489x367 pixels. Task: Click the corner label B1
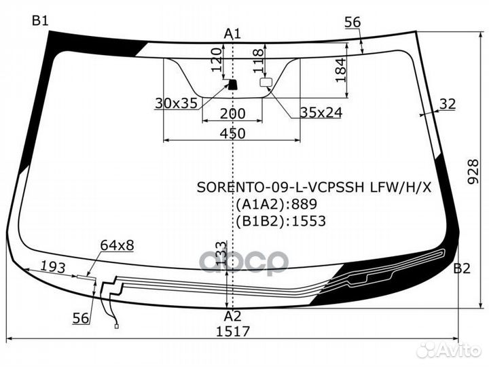[40, 21]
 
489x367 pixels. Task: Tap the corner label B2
[462, 268]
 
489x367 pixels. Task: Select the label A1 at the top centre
[233, 34]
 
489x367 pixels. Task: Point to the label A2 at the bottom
[233, 317]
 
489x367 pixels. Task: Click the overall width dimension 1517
[233, 332]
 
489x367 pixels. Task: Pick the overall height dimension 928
[473, 172]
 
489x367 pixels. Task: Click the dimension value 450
[233, 134]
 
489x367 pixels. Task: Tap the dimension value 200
[233, 113]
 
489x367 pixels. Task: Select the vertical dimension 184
[341, 70]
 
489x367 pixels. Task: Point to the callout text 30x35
[176, 103]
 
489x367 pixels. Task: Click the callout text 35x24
[321, 113]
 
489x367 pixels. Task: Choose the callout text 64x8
[117, 245]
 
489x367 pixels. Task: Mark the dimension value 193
[54, 267]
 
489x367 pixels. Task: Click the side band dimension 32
[448, 104]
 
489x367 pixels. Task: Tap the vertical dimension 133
[221, 253]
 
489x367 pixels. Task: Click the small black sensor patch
[232, 84]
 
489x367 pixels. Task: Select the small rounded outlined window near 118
[266, 82]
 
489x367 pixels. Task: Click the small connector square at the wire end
[117, 326]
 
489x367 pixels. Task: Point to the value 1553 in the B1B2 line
[308, 221]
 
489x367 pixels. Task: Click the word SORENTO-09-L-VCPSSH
[280, 188]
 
